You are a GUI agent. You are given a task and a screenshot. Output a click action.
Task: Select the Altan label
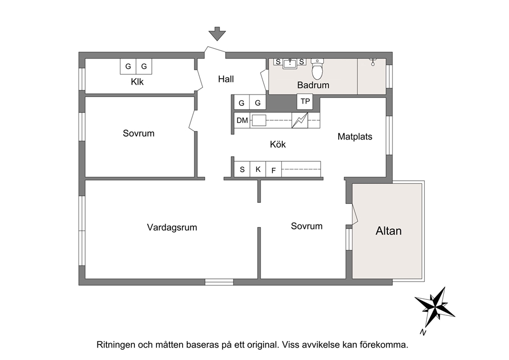[388, 231]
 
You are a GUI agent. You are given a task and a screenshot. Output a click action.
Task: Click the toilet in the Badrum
[317, 69]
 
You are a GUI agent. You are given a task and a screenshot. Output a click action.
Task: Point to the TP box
[305, 101]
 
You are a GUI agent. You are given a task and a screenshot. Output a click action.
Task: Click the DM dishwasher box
[242, 121]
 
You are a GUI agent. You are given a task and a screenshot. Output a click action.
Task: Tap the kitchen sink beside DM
[259, 121]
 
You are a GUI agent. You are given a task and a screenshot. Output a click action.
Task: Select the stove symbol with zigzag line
[300, 120]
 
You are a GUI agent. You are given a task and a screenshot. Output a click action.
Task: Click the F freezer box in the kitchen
[273, 169]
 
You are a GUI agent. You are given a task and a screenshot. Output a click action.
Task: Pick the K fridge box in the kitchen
[258, 169]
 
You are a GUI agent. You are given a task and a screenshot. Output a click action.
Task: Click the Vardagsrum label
[172, 228]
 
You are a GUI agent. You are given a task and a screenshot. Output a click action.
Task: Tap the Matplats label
[355, 137]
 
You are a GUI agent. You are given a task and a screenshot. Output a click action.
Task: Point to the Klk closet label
[137, 82]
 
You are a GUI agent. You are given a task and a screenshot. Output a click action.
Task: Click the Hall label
[226, 79]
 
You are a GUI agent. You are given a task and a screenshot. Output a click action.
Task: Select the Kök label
[278, 144]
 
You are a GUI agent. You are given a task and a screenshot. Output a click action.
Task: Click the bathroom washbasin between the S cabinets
[290, 63]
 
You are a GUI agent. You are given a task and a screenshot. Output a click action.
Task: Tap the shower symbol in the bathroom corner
[373, 62]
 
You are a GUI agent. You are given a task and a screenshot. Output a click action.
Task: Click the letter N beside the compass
[423, 332]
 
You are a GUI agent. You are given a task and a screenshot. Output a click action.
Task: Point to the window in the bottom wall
[219, 282]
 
